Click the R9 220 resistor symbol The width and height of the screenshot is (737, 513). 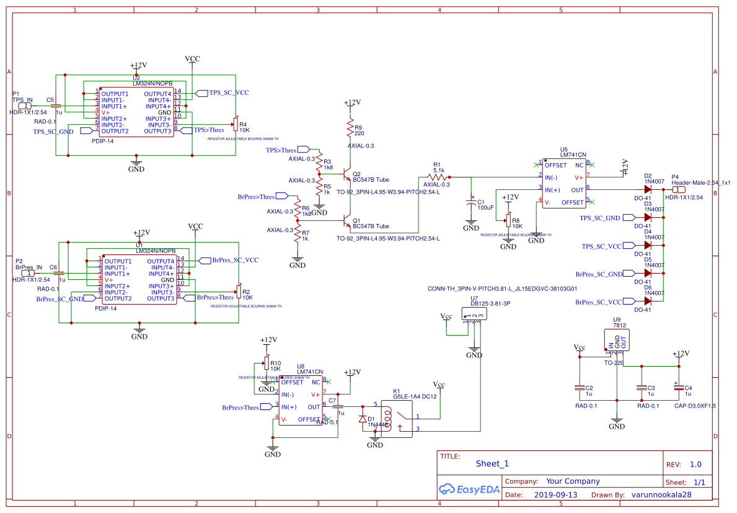(x=351, y=130)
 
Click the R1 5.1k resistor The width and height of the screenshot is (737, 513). (x=437, y=177)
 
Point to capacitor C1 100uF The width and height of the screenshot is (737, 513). (x=472, y=203)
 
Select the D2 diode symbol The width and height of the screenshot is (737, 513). (x=648, y=190)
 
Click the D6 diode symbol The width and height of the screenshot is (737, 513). (x=648, y=301)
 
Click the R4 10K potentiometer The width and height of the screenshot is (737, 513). (x=235, y=124)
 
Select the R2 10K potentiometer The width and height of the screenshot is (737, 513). (x=237, y=292)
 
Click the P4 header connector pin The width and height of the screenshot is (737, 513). (x=679, y=190)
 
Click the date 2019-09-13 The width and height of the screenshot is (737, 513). (x=555, y=495)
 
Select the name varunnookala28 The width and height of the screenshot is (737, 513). (x=661, y=495)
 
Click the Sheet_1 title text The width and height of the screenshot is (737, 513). (x=492, y=463)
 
